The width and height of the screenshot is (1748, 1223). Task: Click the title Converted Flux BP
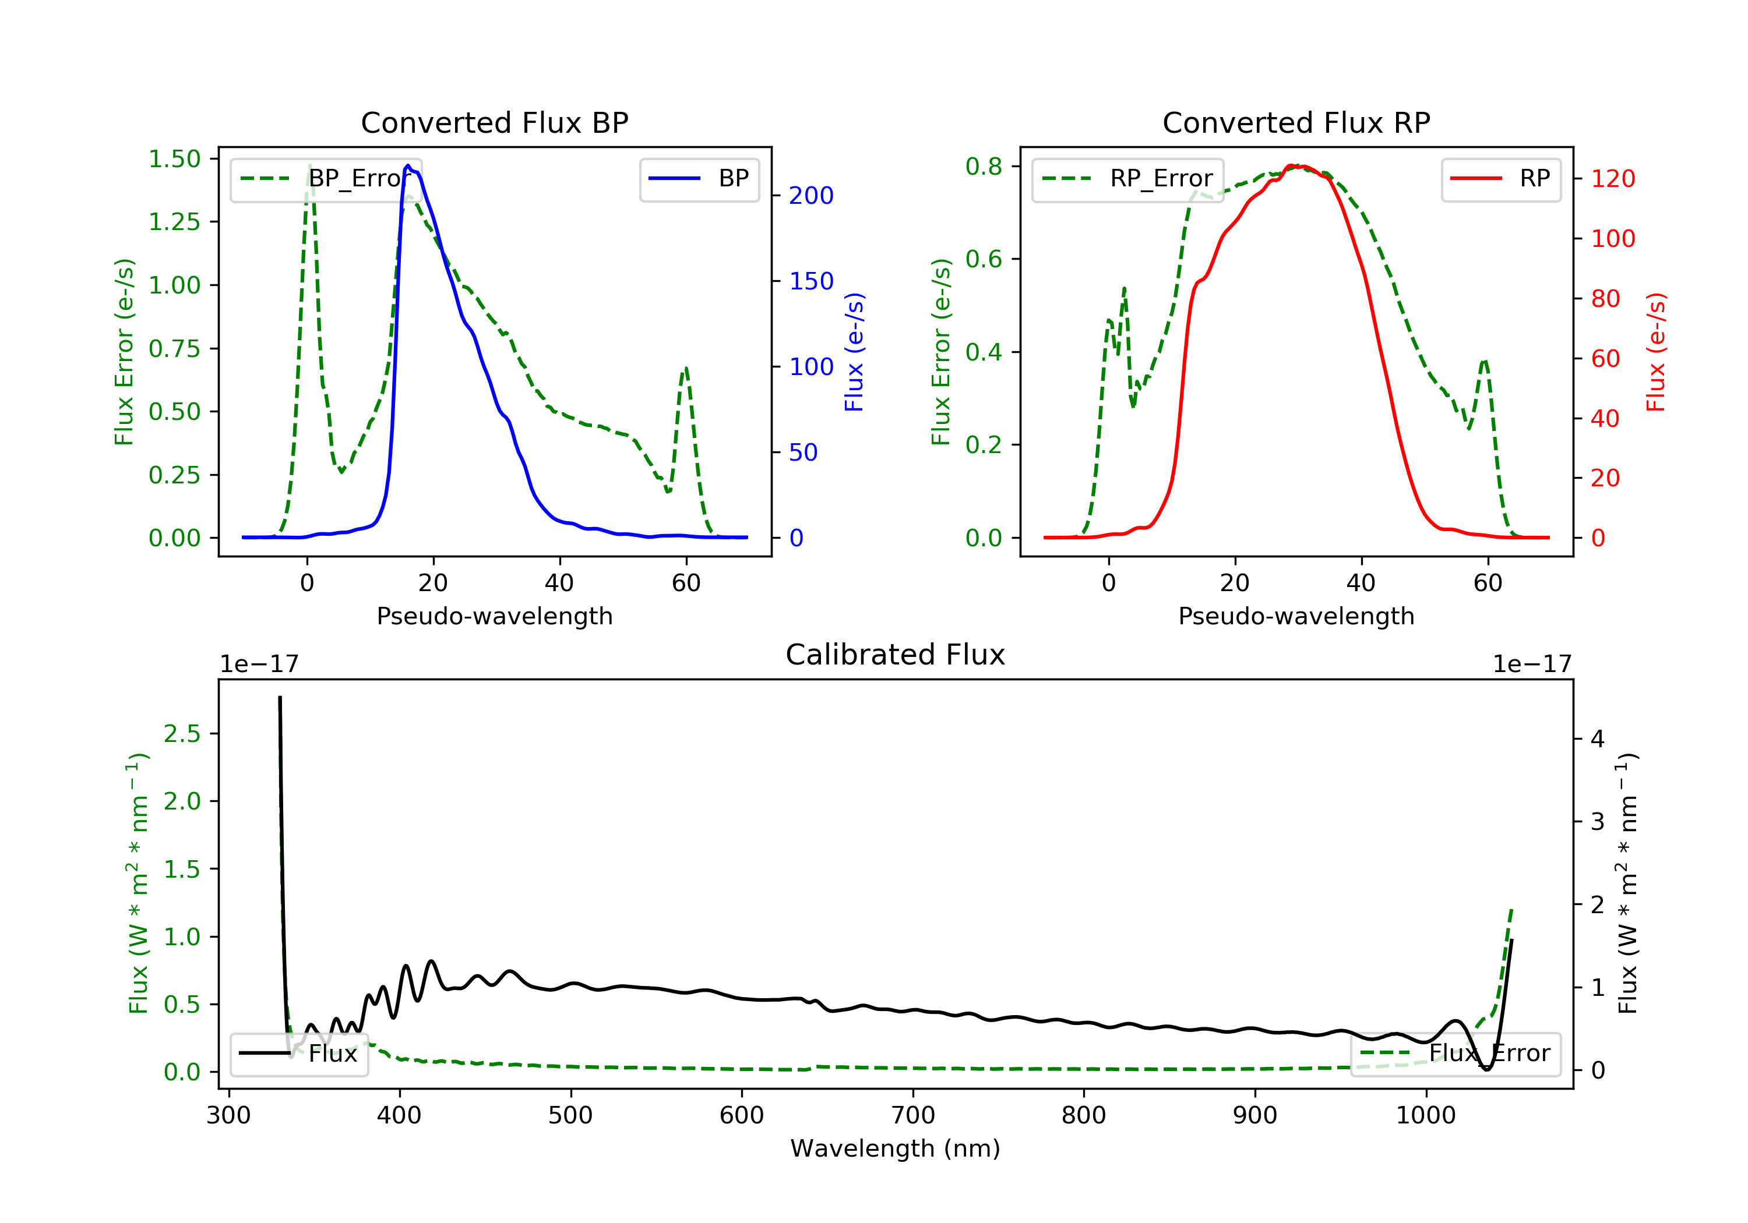click(x=494, y=122)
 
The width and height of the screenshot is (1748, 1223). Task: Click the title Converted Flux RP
click(x=1296, y=122)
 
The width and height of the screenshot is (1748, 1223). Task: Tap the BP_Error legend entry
click(x=325, y=179)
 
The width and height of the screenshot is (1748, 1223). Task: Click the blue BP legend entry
click(x=699, y=179)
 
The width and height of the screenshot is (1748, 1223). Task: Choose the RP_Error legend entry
click(x=1127, y=179)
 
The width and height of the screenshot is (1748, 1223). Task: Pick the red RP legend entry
click(x=1500, y=179)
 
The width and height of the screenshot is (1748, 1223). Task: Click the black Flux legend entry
click(x=298, y=1054)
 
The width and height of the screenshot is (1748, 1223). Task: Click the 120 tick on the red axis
click(x=1612, y=179)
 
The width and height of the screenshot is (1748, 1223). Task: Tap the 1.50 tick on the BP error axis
click(x=174, y=159)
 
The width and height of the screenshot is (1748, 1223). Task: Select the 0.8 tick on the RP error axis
click(x=983, y=166)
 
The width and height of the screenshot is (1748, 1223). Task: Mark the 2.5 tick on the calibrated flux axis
click(x=182, y=734)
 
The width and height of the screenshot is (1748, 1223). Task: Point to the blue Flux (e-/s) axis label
click(x=854, y=352)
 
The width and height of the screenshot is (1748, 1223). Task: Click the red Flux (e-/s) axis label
click(x=1656, y=352)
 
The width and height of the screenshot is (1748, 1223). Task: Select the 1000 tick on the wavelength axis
click(x=1425, y=1116)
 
